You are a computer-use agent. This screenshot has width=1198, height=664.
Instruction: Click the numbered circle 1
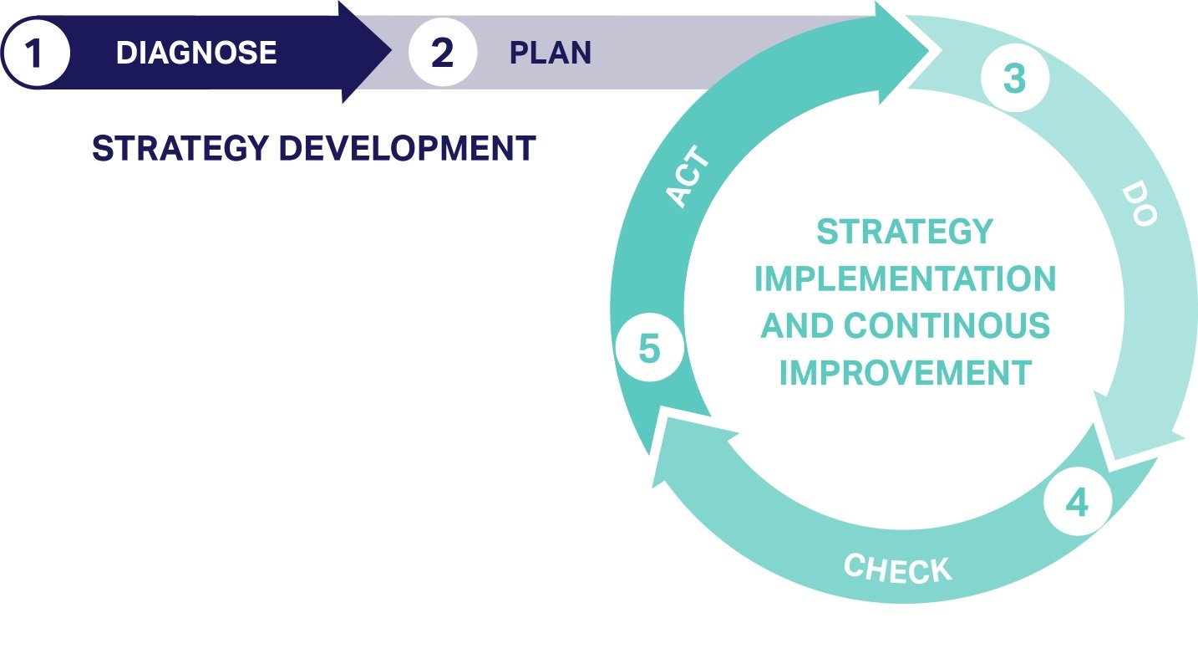click(x=36, y=53)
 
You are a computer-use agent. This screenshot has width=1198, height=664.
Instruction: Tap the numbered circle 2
click(x=443, y=52)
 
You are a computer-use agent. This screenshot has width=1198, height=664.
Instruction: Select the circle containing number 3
click(x=1015, y=78)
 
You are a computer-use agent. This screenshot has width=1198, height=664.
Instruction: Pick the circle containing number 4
click(x=1078, y=502)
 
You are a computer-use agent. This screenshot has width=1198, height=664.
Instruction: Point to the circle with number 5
click(x=650, y=348)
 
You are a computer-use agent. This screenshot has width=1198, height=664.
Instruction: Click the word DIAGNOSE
click(x=196, y=53)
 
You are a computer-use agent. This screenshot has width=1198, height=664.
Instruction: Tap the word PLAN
click(x=551, y=53)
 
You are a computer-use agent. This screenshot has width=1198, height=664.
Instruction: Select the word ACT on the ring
click(x=688, y=176)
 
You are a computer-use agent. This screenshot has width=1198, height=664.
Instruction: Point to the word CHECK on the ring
click(x=898, y=568)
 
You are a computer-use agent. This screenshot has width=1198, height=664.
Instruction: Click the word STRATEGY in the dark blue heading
click(x=180, y=148)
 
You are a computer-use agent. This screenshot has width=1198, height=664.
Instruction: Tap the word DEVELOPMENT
click(x=408, y=148)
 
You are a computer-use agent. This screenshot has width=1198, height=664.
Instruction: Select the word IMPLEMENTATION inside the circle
click(x=906, y=278)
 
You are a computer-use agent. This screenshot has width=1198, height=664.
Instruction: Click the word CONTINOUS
click(x=947, y=325)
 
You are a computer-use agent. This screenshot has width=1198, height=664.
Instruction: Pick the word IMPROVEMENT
click(x=906, y=373)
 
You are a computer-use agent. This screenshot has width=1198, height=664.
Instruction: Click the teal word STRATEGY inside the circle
click(x=905, y=232)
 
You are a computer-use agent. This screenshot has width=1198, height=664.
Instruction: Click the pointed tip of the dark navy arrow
click(x=391, y=51)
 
